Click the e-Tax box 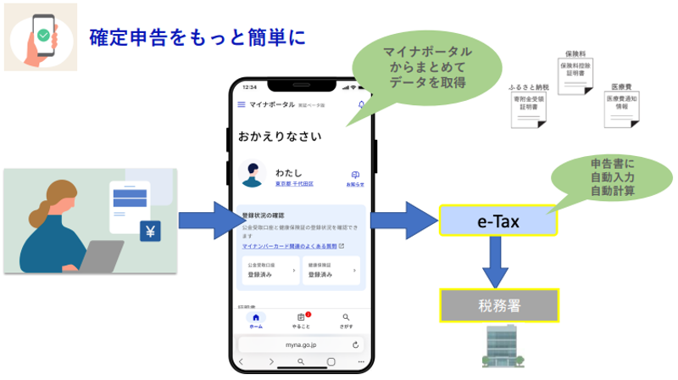point(497,221)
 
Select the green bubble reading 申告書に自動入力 point(603,176)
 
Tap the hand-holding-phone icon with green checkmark point(41,36)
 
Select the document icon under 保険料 point(574,75)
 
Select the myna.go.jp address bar point(301,344)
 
